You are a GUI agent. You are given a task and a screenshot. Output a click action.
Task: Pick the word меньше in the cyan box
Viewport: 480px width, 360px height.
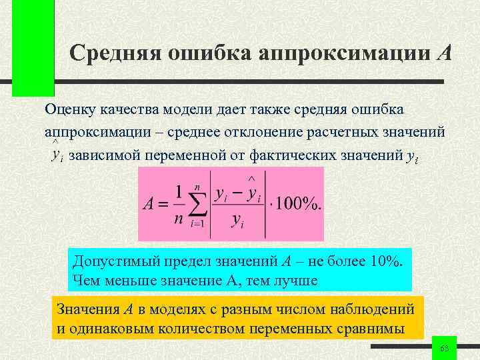tap(129, 280)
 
